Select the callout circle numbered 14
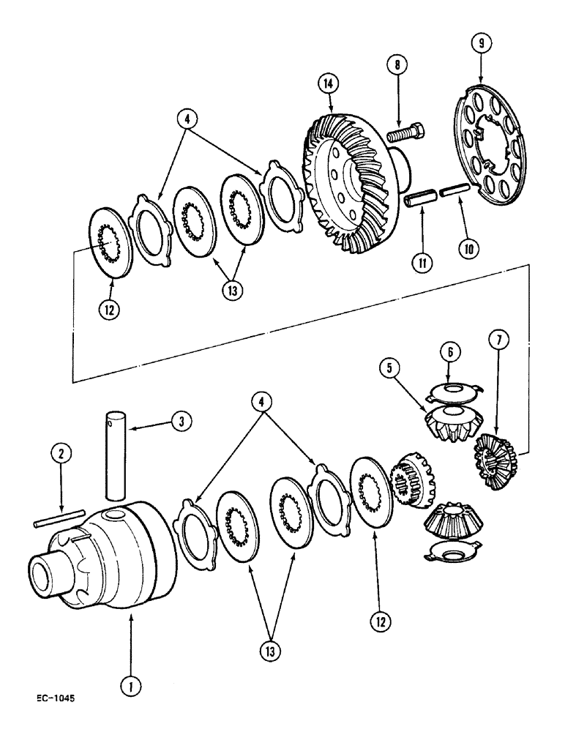click(327, 83)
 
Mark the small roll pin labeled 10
click(451, 195)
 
